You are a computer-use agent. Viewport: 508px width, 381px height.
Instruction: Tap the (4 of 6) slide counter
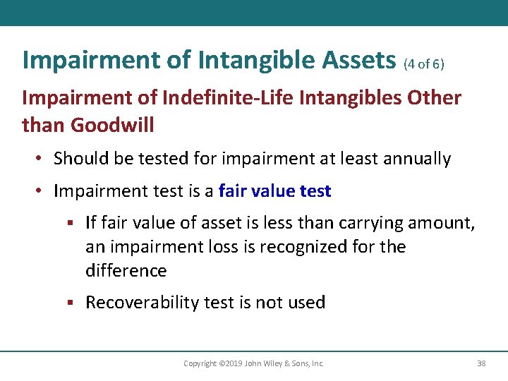click(423, 64)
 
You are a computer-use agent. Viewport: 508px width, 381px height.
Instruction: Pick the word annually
click(417, 159)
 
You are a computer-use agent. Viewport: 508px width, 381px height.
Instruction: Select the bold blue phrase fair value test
click(274, 191)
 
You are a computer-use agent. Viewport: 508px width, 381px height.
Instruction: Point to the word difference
click(126, 271)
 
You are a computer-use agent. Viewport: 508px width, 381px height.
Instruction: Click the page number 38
click(481, 363)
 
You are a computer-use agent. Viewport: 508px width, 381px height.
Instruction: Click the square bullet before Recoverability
click(71, 303)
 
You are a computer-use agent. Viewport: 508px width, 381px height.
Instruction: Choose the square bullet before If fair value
click(71, 224)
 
